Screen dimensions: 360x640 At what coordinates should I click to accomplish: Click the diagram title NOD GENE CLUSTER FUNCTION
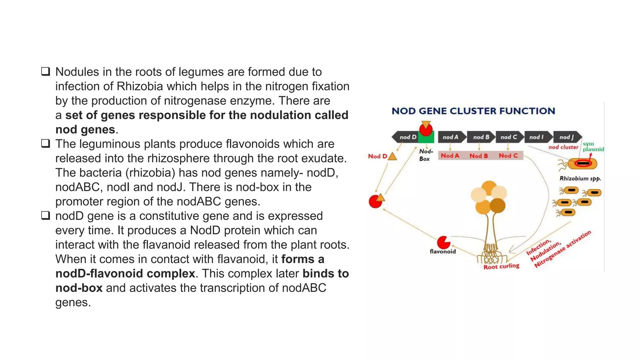473,111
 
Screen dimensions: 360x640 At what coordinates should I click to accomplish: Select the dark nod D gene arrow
405,137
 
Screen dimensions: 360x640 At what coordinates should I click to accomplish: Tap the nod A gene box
450,137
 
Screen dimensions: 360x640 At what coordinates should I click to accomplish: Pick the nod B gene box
481,137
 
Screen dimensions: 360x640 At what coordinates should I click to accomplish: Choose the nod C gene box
508,137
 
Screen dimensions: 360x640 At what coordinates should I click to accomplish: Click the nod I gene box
537,137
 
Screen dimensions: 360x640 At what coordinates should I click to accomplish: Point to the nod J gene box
566,137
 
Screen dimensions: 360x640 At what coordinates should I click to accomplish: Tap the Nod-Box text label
426,155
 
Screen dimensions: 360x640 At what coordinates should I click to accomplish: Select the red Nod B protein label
478,156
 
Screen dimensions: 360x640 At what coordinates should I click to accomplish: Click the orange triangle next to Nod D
392,156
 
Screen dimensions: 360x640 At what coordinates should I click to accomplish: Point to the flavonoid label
442,252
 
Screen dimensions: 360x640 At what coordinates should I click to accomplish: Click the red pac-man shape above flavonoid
443,242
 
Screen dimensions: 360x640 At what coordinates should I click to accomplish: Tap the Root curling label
501,266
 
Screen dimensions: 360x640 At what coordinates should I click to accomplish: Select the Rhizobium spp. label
580,178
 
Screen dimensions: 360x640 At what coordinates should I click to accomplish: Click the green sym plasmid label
592,147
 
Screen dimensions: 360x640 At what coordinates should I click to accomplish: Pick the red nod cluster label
563,147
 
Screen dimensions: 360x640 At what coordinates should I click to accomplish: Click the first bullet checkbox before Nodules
46,72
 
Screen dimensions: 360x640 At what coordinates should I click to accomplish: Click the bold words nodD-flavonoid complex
125,273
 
